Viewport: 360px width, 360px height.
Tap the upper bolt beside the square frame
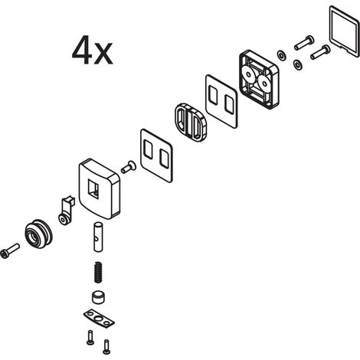tap(304, 43)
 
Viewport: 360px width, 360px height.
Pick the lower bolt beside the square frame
tap(320, 52)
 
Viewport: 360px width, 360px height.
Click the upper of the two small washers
tap(282, 55)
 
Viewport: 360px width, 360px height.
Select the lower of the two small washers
tap(297, 64)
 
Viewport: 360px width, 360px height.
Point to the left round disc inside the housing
tap(248, 74)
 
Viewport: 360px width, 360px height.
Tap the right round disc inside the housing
tap(263, 83)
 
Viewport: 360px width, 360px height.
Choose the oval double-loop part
tap(191, 122)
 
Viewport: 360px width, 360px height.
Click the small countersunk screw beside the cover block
tap(129, 166)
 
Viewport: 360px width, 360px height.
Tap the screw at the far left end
tap(10, 250)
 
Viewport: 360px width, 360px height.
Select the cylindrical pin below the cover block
tap(98, 237)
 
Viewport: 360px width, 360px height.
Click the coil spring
tap(98, 272)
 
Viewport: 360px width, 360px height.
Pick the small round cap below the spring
tap(98, 297)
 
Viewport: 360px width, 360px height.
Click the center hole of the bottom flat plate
tap(98, 318)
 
